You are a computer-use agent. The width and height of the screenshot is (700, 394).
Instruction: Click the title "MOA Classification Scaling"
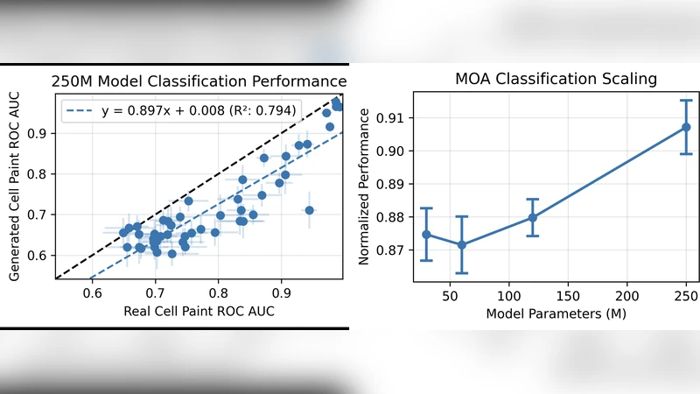click(x=556, y=79)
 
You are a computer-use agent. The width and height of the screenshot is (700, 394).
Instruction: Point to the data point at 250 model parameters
click(x=686, y=127)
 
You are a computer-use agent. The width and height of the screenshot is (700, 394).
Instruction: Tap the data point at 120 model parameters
click(x=533, y=218)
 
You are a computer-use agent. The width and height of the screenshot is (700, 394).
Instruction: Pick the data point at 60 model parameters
click(x=462, y=245)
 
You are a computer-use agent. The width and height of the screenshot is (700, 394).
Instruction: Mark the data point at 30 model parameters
click(x=426, y=235)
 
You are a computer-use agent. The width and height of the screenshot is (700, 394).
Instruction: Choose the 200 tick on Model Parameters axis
click(x=627, y=295)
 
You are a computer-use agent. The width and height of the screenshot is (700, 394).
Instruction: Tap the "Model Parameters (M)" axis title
click(x=556, y=313)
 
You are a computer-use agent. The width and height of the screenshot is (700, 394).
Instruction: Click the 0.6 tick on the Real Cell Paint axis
click(x=93, y=292)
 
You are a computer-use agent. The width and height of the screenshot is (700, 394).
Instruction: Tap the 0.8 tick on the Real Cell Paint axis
click(x=218, y=292)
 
